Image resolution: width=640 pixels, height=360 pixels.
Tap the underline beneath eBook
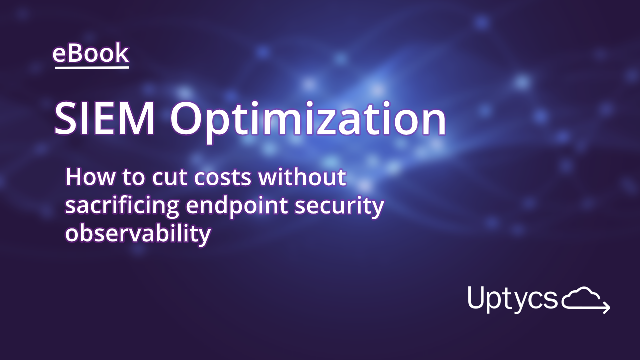[91, 67]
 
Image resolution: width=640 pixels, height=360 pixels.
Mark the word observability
[138, 234]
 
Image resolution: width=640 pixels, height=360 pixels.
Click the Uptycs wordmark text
[512, 298]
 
